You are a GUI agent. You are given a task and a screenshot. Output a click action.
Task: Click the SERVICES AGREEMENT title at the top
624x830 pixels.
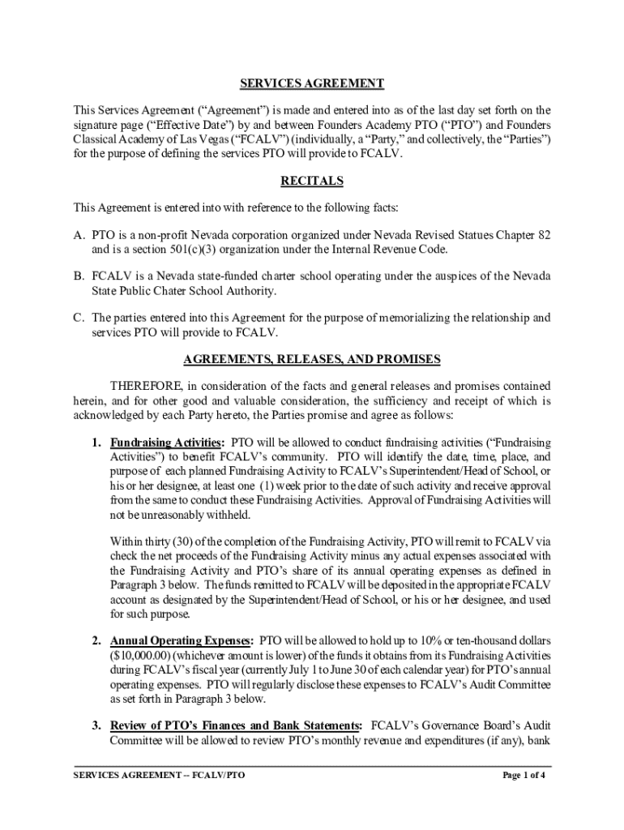pyautogui.click(x=312, y=84)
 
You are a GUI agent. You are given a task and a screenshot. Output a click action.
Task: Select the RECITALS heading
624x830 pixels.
pyautogui.click(x=312, y=181)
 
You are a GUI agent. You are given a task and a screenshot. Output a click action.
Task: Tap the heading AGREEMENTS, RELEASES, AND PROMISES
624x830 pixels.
pyautogui.click(x=312, y=358)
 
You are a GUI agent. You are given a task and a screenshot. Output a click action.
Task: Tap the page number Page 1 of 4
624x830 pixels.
pyautogui.click(x=524, y=776)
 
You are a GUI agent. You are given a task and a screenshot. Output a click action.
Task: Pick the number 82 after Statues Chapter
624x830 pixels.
pyautogui.click(x=544, y=235)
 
